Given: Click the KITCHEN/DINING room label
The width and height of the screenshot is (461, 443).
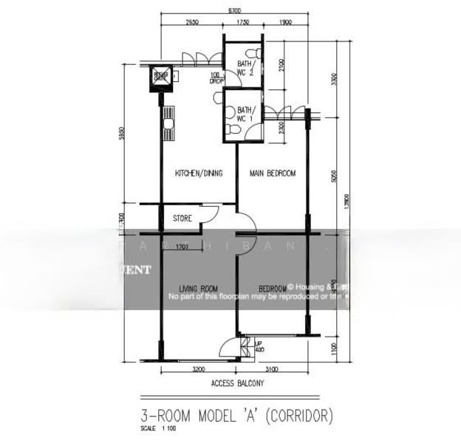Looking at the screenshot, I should coord(199,174).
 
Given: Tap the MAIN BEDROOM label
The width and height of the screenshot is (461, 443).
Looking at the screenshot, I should coord(272,174).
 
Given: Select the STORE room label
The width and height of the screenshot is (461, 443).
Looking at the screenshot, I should coord(182,219).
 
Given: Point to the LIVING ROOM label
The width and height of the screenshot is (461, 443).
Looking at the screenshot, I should coord(198,288).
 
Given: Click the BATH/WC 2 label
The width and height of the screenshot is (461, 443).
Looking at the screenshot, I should coord(246,68).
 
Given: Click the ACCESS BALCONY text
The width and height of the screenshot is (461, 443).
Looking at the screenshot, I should coord(237,383).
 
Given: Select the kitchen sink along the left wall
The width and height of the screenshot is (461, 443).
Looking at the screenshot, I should coord(169,123).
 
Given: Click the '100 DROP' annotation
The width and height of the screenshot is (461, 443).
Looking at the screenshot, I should coord(216,78).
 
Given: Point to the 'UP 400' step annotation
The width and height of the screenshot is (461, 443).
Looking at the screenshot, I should coord(259,346).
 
